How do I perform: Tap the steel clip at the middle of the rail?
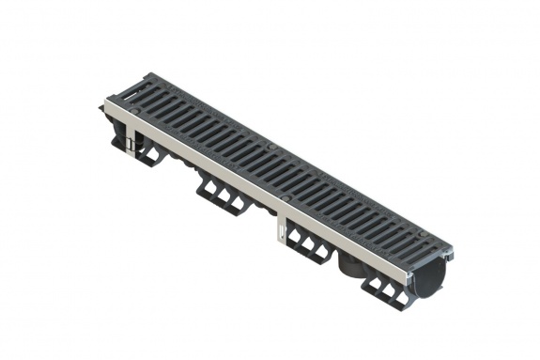coord(279,231)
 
